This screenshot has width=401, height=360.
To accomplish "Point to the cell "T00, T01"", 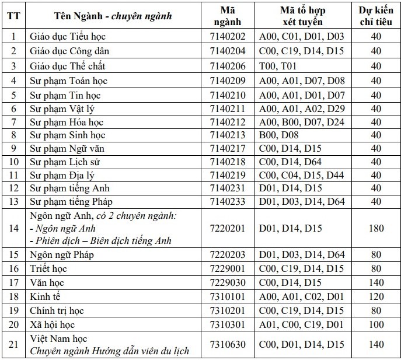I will pyautogui.click(x=278, y=66).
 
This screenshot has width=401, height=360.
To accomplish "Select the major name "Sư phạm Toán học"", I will pyautogui.click(x=68, y=81).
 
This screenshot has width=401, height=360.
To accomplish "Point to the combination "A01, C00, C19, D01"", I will pyautogui.click(x=302, y=324).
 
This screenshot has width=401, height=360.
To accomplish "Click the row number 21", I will pyautogui.click(x=12, y=344).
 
